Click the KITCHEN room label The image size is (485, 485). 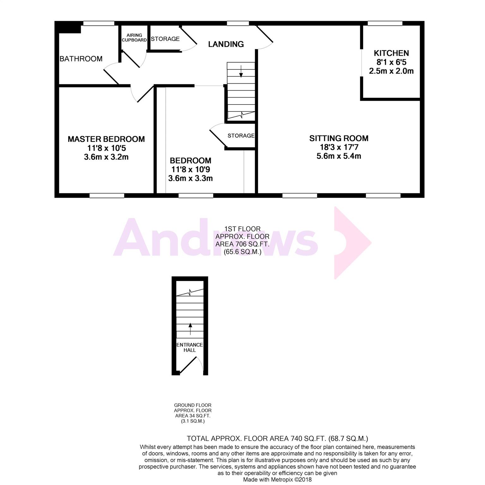pyautogui.click(x=391, y=53)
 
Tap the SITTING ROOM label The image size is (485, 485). pyautogui.click(x=339, y=138)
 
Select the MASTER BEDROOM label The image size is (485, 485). pyautogui.click(x=106, y=139)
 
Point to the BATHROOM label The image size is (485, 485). pyautogui.click(x=81, y=59)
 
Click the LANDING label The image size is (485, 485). pyautogui.click(x=226, y=44)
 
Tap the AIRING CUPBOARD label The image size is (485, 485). pyautogui.click(x=134, y=38)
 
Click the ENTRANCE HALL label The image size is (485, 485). pyautogui.click(x=190, y=347)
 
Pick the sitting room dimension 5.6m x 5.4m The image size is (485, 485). pyautogui.click(x=339, y=156)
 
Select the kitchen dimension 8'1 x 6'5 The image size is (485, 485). pyautogui.click(x=392, y=62)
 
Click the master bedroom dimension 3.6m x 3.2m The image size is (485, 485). pyautogui.click(x=106, y=157)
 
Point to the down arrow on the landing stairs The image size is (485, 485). pyautogui.click(x=241, y=71)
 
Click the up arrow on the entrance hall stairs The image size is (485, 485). pyautogui.click(x=190, y=329)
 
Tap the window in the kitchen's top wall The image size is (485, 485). pyautogui.click(x=385, y=23)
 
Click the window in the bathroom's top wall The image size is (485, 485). pyautogui.click(x=99, y=23)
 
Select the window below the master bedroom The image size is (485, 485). pyautogui.click(x=107, y=195)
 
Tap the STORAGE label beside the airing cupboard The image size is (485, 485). pyautogui.click(x=165, y=39)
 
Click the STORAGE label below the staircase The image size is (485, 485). pyautogui.click(x=241, y=136)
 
